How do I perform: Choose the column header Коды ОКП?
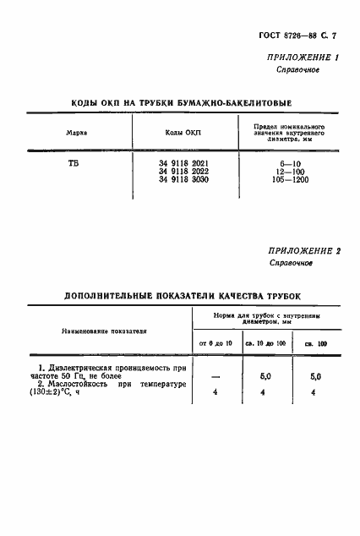(x=182, y=133)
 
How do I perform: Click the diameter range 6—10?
(x=289, y=162)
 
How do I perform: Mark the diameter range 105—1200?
(x=289, y=179)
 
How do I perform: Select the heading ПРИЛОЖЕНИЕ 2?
(x=300, y=251)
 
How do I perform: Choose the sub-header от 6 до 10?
(x=214, y=342)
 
